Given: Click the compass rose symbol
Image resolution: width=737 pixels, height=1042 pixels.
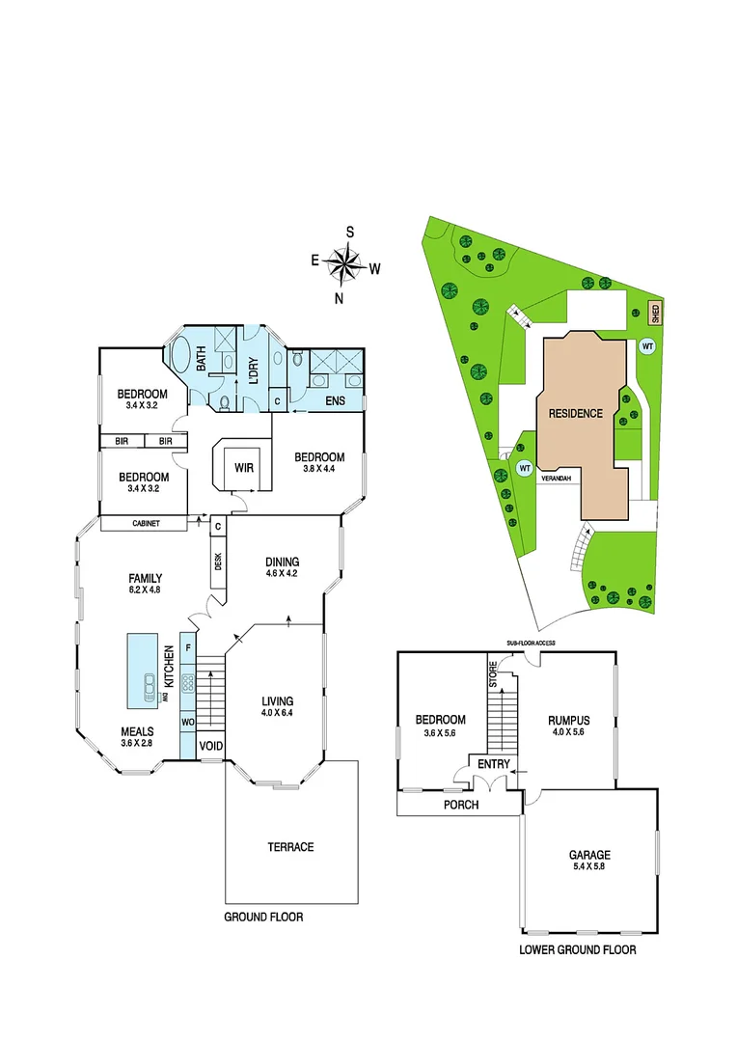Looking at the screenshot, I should pos(344,262).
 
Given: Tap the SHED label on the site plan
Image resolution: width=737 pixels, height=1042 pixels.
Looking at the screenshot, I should pos(655,312).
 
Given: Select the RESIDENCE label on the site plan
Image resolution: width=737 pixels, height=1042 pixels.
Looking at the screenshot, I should pos(576,413).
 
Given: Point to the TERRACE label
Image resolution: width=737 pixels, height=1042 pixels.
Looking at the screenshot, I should pos(290,847).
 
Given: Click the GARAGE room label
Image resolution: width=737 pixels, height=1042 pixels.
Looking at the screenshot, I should pos(589,855).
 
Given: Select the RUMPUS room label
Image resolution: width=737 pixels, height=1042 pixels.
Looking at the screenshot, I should pos(568,720).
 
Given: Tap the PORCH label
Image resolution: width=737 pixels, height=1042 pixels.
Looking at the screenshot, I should pos(460,804).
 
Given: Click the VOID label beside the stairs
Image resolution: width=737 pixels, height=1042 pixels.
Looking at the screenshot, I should pos(211,746).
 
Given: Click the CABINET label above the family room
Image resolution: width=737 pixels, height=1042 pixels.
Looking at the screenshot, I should pos(144,524).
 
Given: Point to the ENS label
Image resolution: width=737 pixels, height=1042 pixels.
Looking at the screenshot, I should pos(336,400).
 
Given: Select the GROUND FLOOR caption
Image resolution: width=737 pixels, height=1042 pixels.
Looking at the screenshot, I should pos(263,917).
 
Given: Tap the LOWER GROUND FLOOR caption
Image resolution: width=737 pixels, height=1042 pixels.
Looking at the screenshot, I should pos(578,949).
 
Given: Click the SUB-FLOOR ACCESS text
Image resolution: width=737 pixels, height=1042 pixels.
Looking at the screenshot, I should pos(524,642).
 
